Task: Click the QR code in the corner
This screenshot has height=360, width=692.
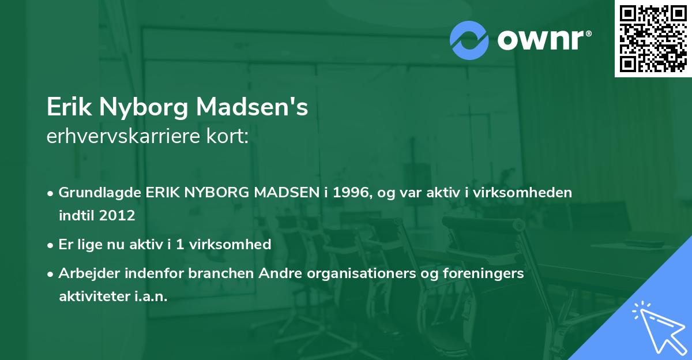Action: (653, 39)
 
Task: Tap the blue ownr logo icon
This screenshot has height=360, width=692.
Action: (469, 40)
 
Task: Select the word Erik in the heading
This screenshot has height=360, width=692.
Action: (68, 108)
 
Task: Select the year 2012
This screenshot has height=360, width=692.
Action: (117, 216)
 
